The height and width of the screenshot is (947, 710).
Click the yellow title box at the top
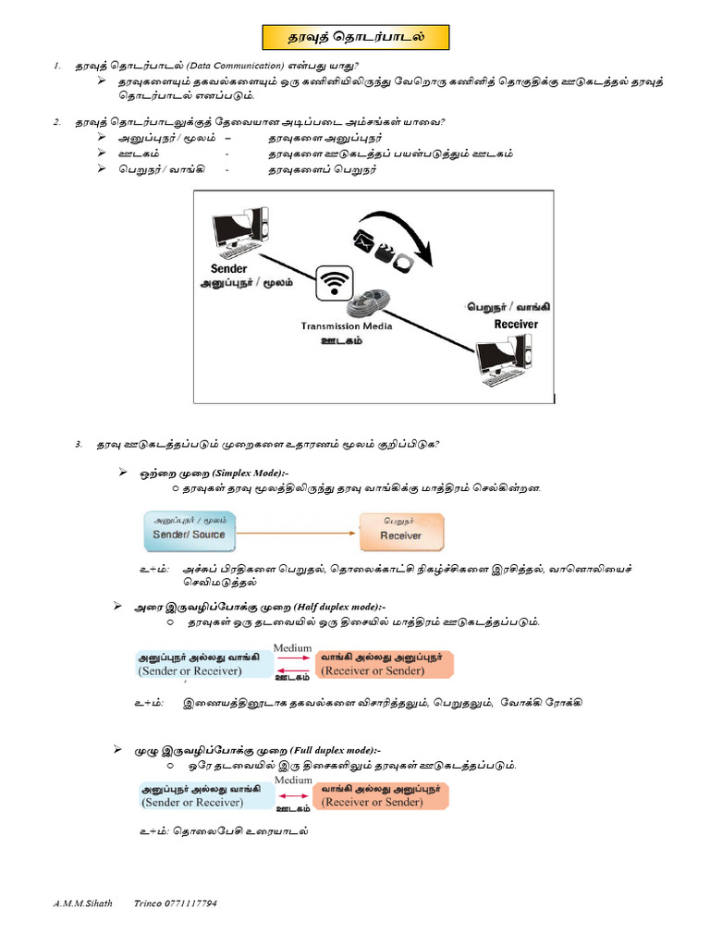[x=355, y=38]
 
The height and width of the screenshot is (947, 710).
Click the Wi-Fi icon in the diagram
[x=335, y=282]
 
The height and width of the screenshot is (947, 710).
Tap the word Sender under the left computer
[x=229, y=269]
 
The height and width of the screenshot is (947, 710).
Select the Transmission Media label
[x=347, y=326]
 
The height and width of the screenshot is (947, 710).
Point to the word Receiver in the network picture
[x=516, y=325]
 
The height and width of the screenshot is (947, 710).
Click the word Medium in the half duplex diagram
[x=293, y=647]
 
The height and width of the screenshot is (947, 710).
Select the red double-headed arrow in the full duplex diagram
[x=293, y=795]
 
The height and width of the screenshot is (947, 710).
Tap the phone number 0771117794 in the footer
[x=189, y=903]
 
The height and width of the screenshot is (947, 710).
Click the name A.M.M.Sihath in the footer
[x=82, y=903]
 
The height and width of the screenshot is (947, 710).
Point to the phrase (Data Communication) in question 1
[x=235, y=66]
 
